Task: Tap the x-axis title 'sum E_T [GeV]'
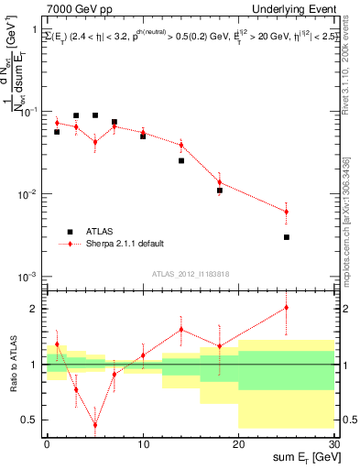[x=301, y=456]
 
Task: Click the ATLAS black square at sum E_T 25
[x=287, y=237]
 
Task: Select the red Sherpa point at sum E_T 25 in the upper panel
[x=287, y=212]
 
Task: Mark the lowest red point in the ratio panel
[x=95, y=425]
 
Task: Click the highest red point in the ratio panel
[x=287, y=308]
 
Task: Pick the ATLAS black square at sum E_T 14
[x=181, y=160]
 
